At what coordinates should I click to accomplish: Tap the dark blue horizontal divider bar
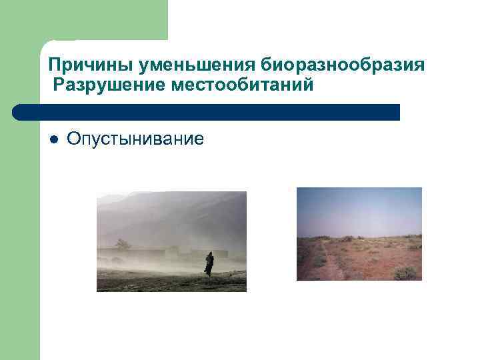pyautogui.click(x=213, y=112)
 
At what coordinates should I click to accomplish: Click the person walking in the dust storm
pyautogui.click(x=209, y=264)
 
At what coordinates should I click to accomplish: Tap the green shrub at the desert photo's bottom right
pyautogui.click(x=405, y=272)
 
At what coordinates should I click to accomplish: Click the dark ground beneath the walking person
pyautogui.click(x=200, y=283)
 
